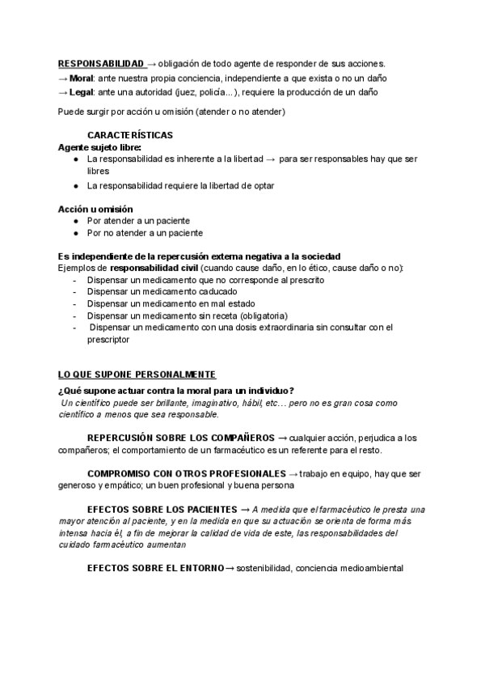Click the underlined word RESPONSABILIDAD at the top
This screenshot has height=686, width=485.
click(100, 63)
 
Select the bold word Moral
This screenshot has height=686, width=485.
click(82, 78)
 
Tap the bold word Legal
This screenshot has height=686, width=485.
click(82, 93)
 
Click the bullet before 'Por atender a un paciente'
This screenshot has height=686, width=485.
click(75, 220)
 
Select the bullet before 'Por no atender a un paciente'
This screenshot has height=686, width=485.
click(75, 233)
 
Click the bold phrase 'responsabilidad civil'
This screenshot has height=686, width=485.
click(154, 267)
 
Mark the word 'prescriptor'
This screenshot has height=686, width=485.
click(108, 341)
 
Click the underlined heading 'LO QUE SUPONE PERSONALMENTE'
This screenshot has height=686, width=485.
click(137, 375)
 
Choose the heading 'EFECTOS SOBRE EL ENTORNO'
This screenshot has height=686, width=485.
click(154, 568)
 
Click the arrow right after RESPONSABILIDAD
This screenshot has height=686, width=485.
click(152, 63)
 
